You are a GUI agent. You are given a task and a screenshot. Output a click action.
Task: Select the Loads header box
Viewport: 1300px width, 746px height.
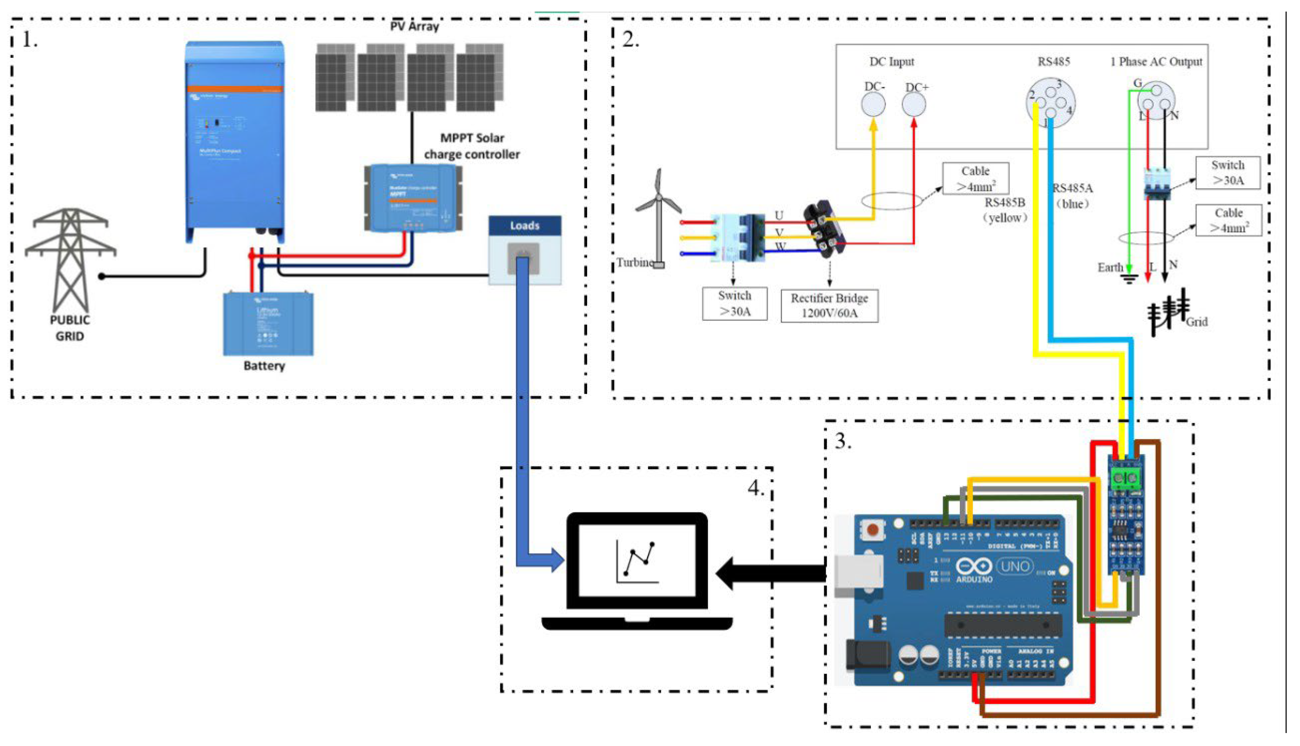(525, 225)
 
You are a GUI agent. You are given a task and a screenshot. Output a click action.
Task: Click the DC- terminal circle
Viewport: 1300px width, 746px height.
(873, 104)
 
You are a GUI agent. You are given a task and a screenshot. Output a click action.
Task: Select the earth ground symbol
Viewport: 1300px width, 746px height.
(1129, 278)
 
